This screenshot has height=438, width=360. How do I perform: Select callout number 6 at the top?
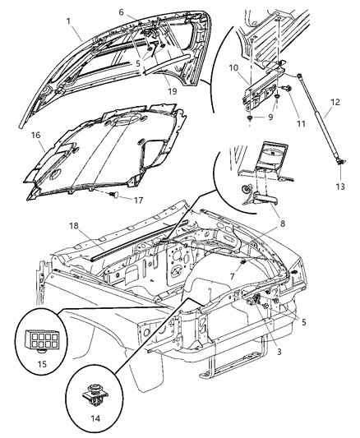coord(143,12)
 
